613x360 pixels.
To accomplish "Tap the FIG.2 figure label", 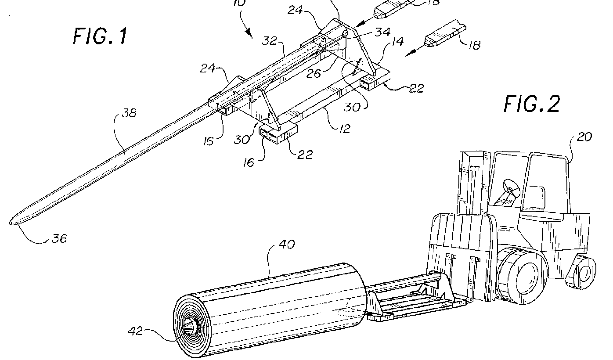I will click(x=532, y=104).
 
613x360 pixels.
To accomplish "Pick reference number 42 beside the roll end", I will click(x=136, y=331).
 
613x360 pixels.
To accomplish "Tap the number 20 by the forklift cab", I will click(x=584, y=137).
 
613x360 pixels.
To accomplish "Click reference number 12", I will click(x=344, y=128).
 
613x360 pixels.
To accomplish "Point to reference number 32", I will click(x=270, y=41).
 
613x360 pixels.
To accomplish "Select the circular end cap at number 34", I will click(x=346, y=33).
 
